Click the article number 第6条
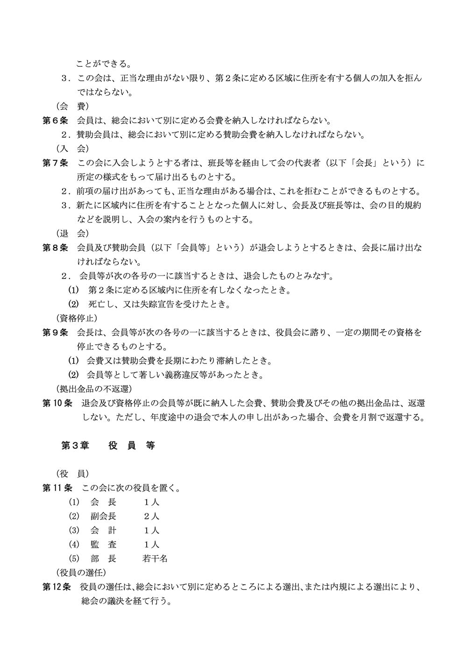coord(56,121)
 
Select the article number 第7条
coord(56,163)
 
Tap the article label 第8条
coord(56,248)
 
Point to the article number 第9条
coord(56,332)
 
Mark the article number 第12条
coord(57,586)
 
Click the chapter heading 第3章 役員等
coord(108,446)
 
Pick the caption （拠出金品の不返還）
coord(93,389)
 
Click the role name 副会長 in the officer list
coord(103,517)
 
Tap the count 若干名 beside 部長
coord(155,559)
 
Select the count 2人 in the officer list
coord(151,517)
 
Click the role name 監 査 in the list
coord(103,545)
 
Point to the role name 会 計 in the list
coord(103,531)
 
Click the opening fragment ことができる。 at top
coord(104,64)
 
